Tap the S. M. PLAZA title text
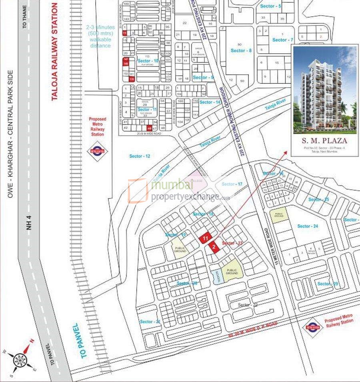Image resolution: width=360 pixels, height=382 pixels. click(325, 141)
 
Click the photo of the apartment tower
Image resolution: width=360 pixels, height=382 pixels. click(325, 90)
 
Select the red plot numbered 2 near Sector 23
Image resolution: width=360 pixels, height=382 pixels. click(214, 247)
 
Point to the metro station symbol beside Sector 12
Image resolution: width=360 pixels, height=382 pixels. click(97, 152)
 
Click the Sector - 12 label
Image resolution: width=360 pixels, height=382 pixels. click(140, 156)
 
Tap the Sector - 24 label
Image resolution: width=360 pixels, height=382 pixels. click(308, 226)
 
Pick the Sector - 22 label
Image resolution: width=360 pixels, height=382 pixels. click(248, 305)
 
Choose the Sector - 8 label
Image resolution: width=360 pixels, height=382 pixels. click(241, 50)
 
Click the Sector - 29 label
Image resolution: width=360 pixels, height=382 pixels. click(328, 284)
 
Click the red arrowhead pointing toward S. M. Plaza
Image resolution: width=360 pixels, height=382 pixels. click(286, 153)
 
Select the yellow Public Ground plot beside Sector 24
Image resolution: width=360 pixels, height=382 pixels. click(278, 216)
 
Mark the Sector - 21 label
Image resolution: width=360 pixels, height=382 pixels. click(150, 322)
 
